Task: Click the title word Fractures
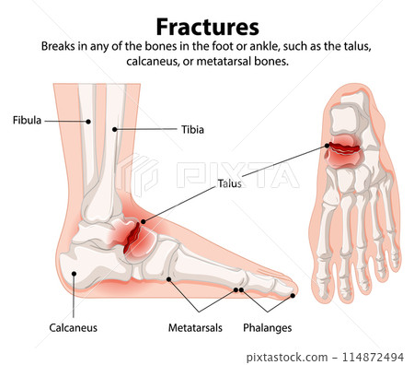click(206, 25)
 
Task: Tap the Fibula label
click(27, 120)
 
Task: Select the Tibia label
click(190, 130)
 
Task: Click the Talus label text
click(229, 183)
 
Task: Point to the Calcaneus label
click(74, 327)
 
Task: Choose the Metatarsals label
click(195, 327)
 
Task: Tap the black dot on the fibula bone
click(89, 120)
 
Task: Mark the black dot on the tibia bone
click(115, 130)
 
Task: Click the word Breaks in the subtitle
click(59, 45)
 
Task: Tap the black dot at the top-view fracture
click(326, 146)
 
